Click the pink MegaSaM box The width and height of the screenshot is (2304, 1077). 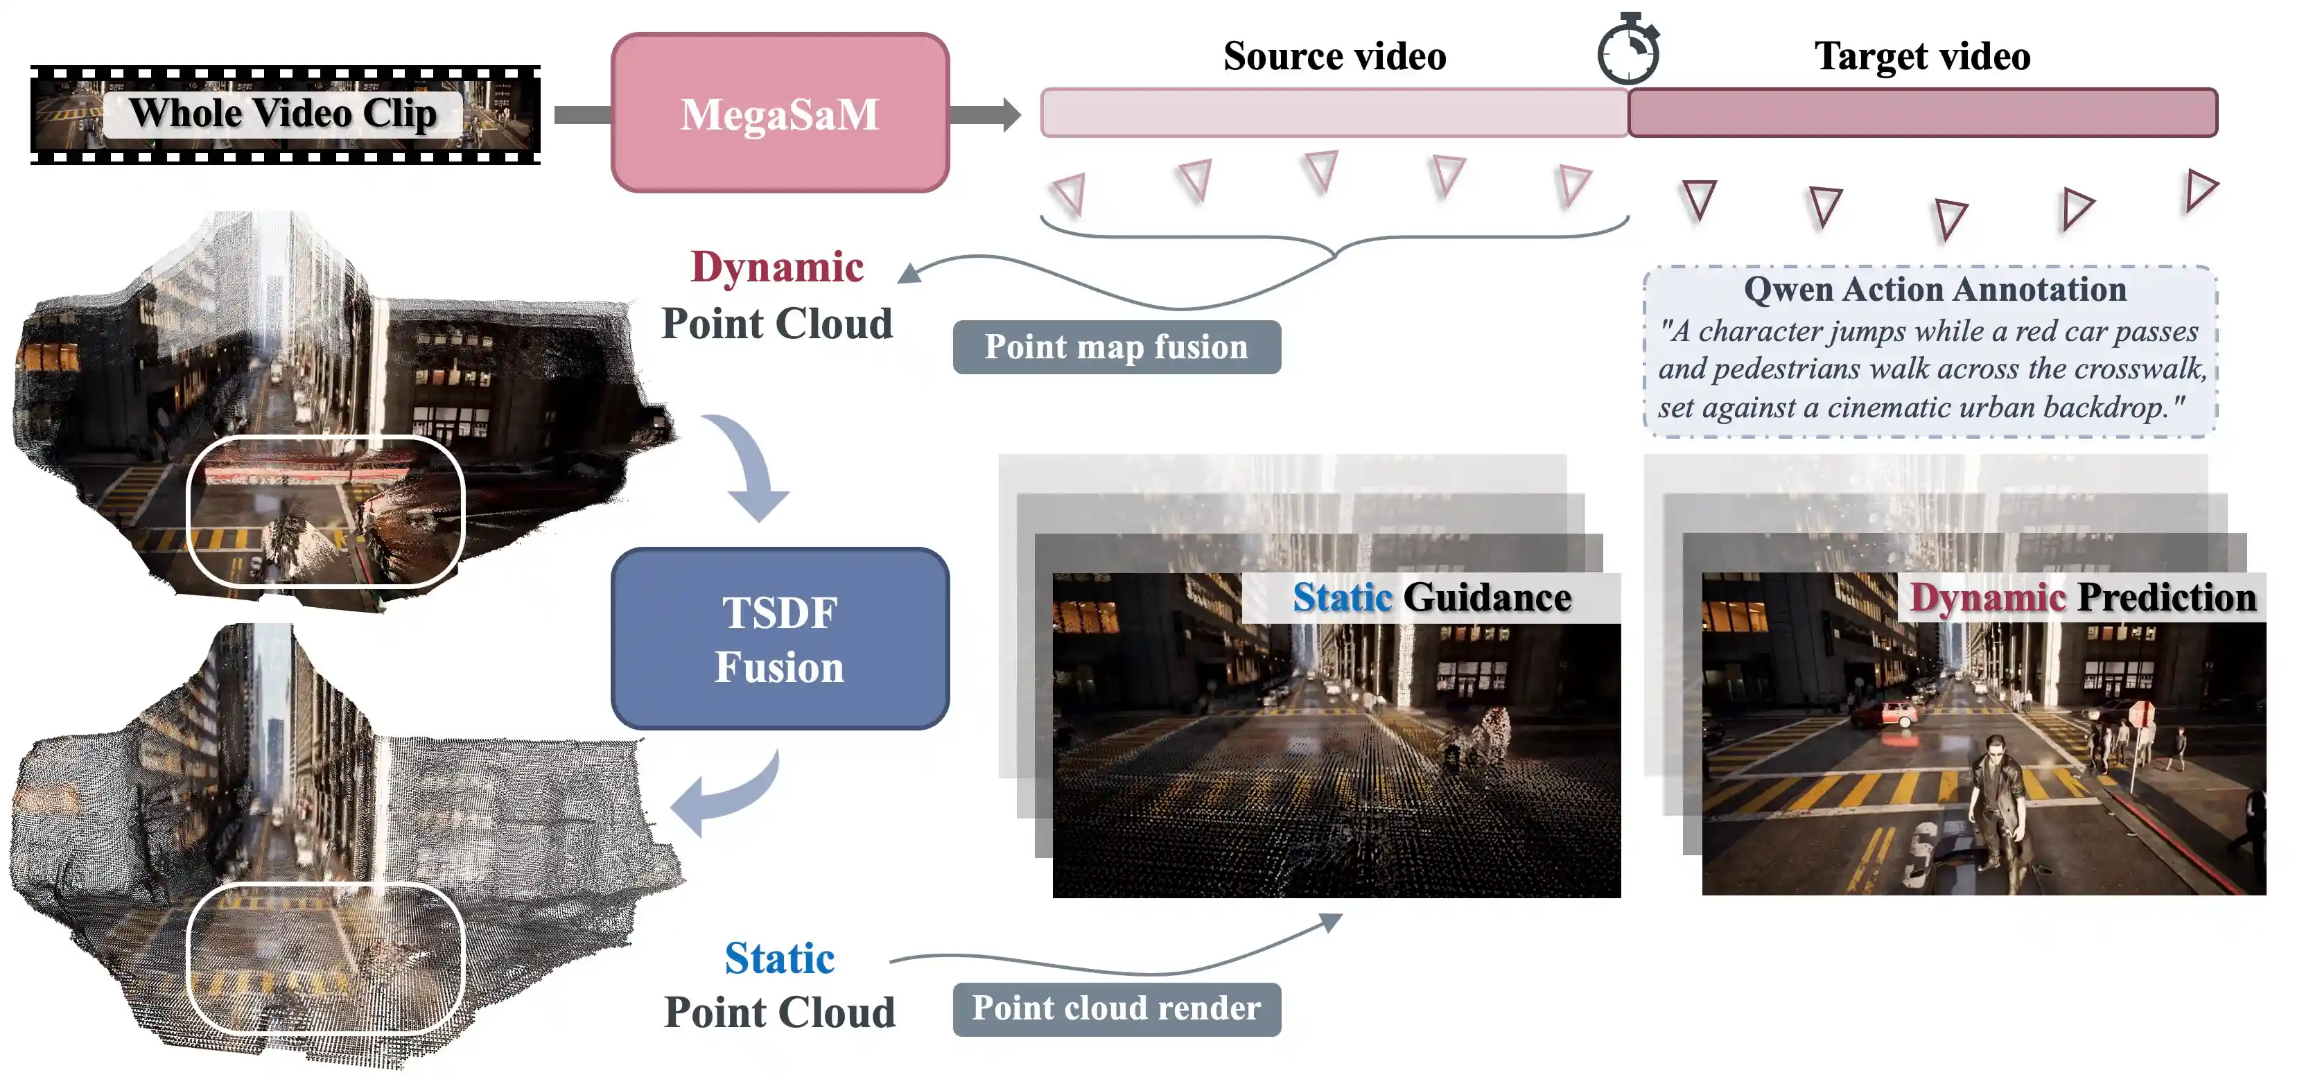779,114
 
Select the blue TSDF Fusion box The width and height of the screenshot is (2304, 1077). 779,639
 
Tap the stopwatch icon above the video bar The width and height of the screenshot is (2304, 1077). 1627,51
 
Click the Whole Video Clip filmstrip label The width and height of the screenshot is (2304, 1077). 283,114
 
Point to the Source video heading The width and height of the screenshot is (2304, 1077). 1334,56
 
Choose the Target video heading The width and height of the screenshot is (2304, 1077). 1922,56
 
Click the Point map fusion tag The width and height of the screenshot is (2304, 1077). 1116,347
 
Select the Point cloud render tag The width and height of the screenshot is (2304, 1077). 1116,1009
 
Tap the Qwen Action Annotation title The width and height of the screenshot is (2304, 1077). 1935,289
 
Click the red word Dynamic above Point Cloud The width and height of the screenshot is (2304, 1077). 777,268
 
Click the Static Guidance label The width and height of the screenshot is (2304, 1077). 1431,597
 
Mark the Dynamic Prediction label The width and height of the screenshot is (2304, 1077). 2082,597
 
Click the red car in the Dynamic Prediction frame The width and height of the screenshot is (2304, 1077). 1888,715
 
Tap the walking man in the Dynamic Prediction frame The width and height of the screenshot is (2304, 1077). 1999,805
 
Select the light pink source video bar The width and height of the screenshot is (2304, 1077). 1333,113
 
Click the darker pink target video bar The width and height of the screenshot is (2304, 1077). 1922,113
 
